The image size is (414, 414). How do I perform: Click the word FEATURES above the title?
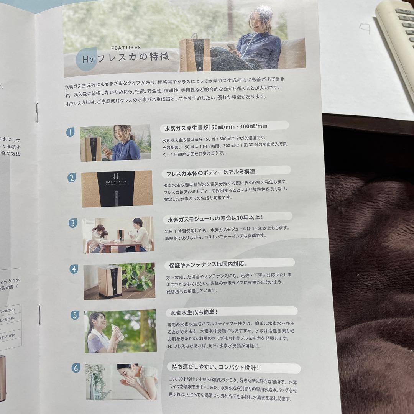coord(126,48)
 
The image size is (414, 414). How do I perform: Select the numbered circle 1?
coord(70,132)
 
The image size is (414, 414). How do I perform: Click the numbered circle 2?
coord(71,177)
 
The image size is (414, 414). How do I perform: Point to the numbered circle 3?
coord(72,223)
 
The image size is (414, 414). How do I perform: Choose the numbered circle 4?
coord(74,269)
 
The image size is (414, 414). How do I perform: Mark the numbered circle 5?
coord(75,315)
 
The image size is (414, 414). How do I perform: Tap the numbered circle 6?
coord(76,368)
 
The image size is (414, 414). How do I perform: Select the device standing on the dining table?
coord(121,234)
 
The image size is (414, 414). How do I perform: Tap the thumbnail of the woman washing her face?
coord(122,381)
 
